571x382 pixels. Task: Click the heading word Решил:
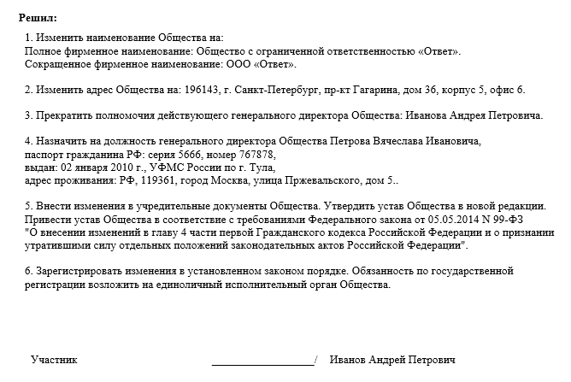point(38,18)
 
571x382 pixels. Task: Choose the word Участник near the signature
point(54,360)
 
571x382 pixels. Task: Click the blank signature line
point(262,362)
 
